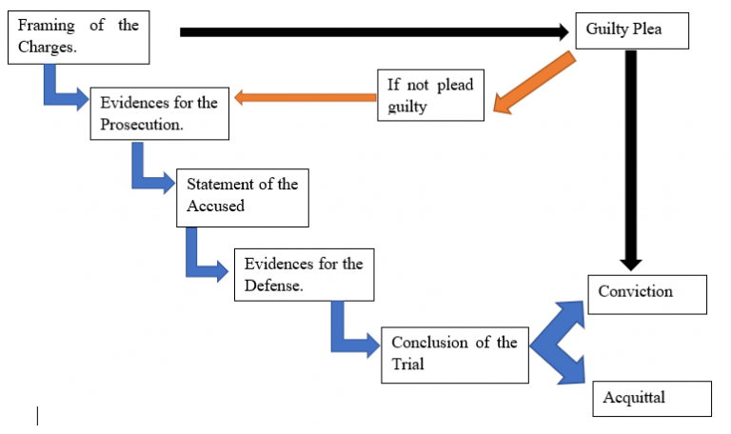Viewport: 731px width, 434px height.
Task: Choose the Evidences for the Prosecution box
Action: click(158, 113)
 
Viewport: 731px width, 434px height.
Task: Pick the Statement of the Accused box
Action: click(242, 198)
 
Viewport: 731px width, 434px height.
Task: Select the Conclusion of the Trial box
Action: click(454, 353)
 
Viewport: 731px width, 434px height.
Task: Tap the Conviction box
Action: click(647, 293)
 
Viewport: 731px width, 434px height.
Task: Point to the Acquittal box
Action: click(651, 398)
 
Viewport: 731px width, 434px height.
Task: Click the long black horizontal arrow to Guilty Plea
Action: click(371, 32)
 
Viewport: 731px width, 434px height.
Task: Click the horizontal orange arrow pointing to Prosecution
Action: click(305, 96)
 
